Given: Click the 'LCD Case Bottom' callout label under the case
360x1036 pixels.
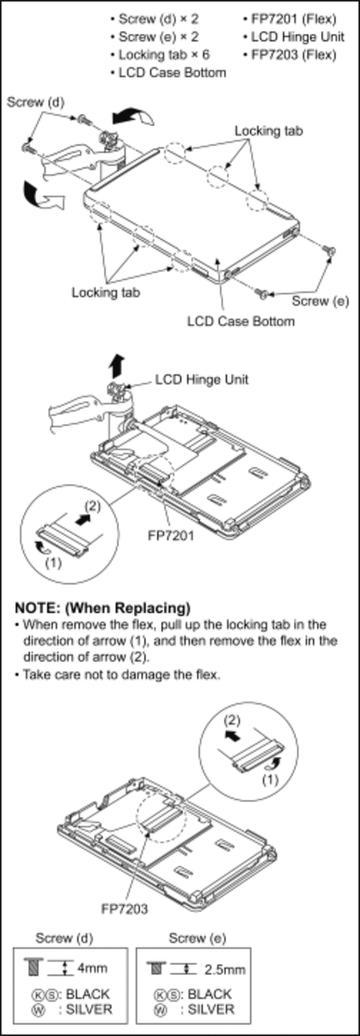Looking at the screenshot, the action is pyautogui.click(x=240, y=321).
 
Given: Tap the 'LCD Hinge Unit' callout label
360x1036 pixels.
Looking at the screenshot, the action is pyautogui.click(x=202, y=380).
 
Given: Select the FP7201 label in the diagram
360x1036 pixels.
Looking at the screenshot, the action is pyautogui.click(x=172, y=536).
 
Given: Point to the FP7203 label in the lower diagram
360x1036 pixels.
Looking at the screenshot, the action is pyautogui.click(x=124, y=908).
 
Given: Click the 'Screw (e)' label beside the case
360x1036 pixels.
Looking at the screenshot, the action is pyautogui.click(x=320, y=302).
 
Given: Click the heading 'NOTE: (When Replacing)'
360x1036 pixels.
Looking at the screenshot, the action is pyautogui.click(x=103, y=608).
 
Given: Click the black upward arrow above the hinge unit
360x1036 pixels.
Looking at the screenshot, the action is pyautogui.click(x=116, y=365).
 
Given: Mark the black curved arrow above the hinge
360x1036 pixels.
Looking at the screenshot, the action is pyautogui.click(x=132, y=117).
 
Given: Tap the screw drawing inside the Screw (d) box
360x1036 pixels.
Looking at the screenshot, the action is pyautogui.click(x=31, y=967).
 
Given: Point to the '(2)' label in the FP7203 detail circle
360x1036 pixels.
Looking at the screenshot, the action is pyautogui.click(x=231, y=718).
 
